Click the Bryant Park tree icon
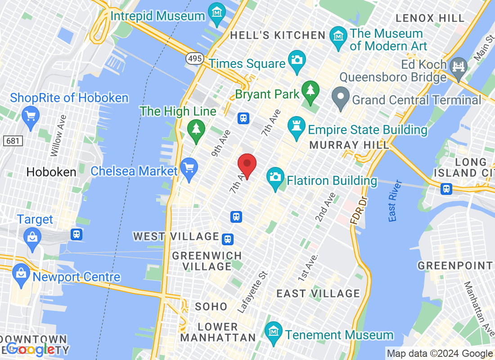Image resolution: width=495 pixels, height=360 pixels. (310, 90)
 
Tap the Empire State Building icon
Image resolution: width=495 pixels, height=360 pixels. (297, 126)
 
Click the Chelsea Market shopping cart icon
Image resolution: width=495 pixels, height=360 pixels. (189, 168)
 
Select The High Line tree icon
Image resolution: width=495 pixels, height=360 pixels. (196, 129)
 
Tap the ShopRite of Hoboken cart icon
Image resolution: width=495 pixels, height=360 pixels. (30, 116)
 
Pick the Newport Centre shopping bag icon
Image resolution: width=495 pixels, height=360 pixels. (21, 273)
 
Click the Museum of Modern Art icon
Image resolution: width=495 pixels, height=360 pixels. (338, 35)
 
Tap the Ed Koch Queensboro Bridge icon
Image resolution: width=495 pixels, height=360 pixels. (459, 66)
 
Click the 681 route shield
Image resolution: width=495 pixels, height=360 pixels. (13, 141)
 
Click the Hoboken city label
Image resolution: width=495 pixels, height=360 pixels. (51, 171)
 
